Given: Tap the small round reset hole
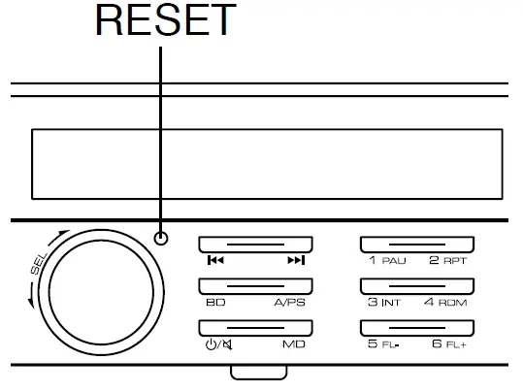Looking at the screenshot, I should (161, 239).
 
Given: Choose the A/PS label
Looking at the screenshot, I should (291, 303).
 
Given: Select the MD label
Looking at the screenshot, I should (294, 344).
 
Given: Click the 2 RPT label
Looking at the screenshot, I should (448, 261).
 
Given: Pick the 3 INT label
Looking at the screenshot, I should (384, 303).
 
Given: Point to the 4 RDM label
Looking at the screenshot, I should (448, 303).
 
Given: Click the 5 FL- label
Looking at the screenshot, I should (384, 344).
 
